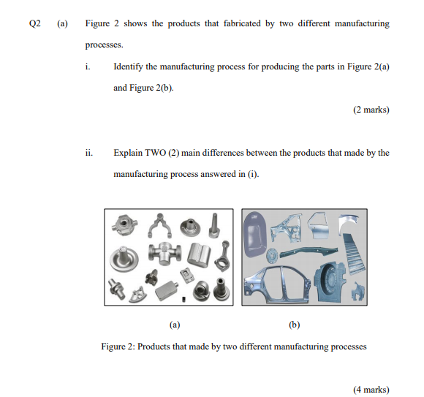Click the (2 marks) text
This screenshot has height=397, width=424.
click(x=371, y=110)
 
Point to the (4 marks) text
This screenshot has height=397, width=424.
click(x=371, y=390)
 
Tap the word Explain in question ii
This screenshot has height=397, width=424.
click(x=129, y=153)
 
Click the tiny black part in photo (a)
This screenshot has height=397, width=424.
click(x=185, y=298)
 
